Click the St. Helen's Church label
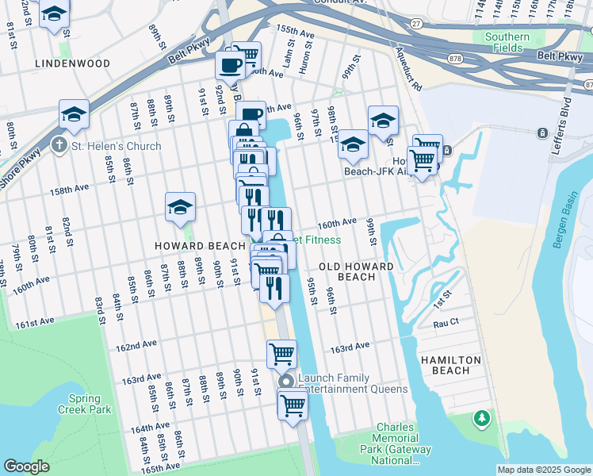(116, 146)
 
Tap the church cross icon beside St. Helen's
(59, 146)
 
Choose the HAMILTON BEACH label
(451, 365)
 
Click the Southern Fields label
(507, 42)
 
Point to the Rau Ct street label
(446, 323)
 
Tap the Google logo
(26, 466)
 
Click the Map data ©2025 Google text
(543, 470)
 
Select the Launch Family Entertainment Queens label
(352, 383)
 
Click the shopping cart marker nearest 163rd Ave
(281, 354)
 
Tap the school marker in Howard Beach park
(180, 208)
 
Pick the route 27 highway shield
(416, 25)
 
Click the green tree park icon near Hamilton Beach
(480, 417)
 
